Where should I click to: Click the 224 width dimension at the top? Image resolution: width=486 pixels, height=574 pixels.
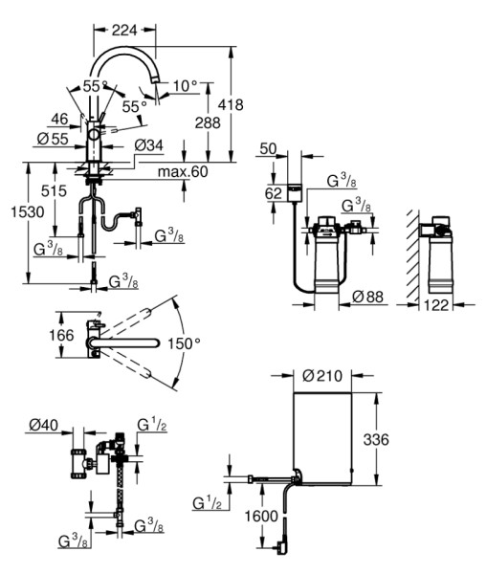click(x=124, y=30)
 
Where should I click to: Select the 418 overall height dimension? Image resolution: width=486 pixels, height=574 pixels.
click(x=231, y=104)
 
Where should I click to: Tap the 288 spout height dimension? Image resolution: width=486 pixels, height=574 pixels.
click(x=208, y=122)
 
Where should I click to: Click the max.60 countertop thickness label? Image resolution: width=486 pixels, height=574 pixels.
click(x=183, y=171)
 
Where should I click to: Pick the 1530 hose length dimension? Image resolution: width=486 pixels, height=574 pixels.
click(x=28, y=211)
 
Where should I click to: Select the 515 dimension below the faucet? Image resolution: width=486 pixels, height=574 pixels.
click(x=54, y=190)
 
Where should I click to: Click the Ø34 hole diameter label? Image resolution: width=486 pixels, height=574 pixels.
click(x=148, y=145)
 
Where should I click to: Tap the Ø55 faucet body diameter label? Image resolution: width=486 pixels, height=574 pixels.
click(x=53, y=139)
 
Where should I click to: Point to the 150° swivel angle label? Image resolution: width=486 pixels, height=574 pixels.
click(x=184, y=343)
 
